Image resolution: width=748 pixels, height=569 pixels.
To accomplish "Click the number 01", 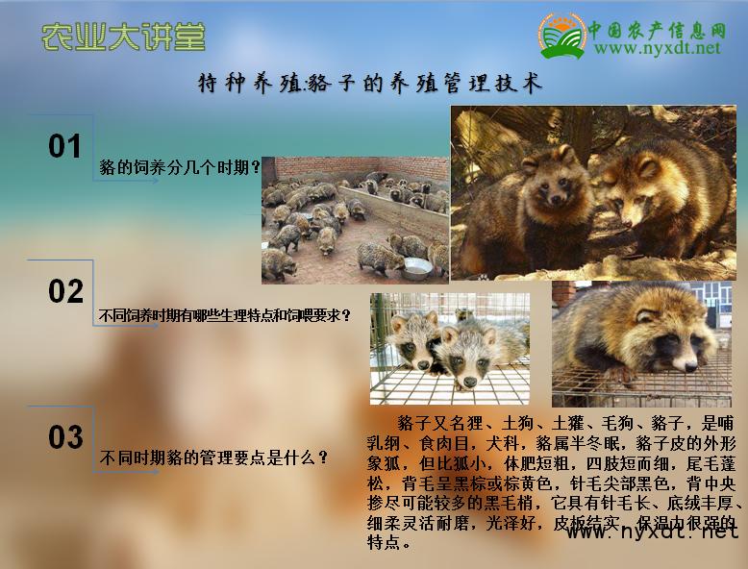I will coord(65,146).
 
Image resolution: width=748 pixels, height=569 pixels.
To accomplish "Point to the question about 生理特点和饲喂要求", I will coord(225,315).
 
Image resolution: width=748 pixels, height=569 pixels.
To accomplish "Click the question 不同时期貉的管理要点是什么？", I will coord(214,458).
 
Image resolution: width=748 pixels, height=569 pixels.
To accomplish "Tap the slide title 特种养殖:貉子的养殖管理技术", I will coord(370,85).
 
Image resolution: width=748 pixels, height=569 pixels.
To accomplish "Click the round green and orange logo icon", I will coord(561,36).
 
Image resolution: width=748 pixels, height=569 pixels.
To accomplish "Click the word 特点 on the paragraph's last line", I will coord(384,543).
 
